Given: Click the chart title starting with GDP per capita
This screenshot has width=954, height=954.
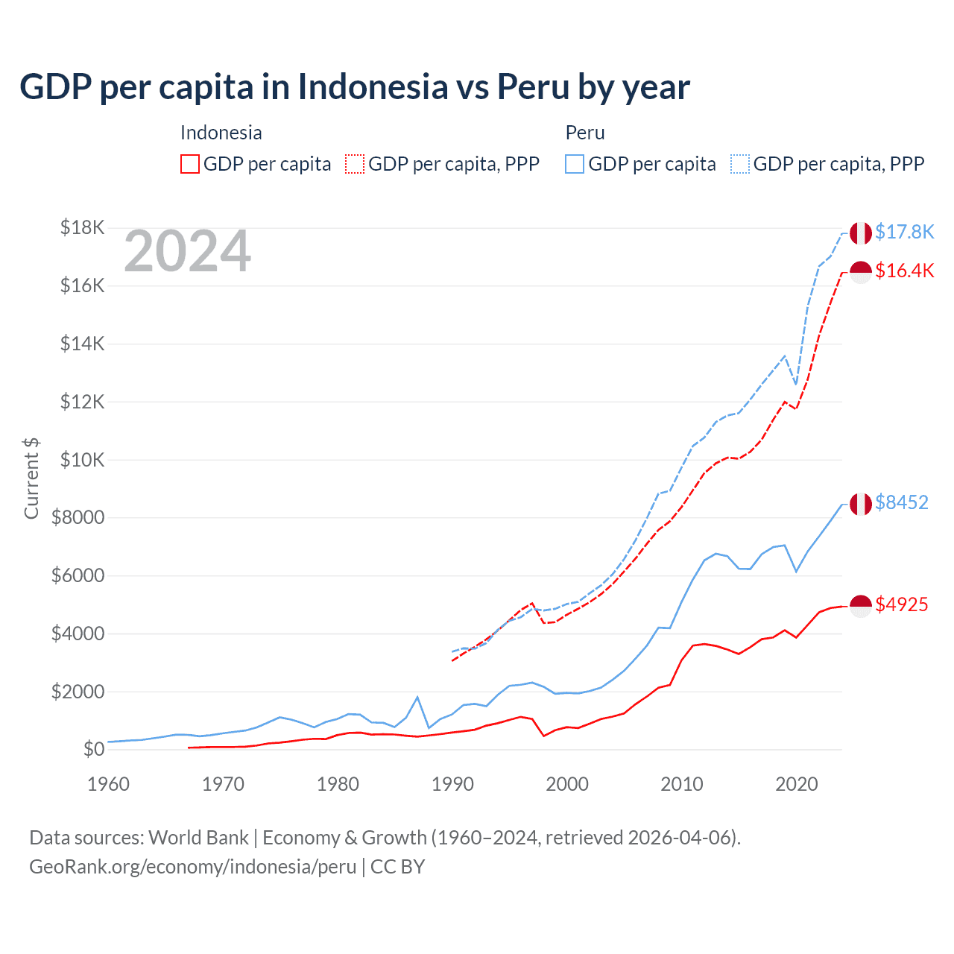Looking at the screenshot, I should [x=355, y=87].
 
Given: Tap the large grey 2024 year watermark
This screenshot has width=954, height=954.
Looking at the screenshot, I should [x=187, y=251].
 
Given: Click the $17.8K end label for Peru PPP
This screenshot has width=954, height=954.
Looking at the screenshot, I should [x=904, y=232].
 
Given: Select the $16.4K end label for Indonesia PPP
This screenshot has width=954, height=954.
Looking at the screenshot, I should [x=904, y=271].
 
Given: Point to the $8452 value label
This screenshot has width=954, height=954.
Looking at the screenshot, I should [x=901, y=502].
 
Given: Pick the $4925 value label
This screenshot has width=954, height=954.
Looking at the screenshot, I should [x=901, y=604].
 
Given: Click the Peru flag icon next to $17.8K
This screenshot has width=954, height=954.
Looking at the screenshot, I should [x=861, y=233].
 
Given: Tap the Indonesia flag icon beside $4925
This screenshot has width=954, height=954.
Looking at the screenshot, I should [x=861, y=606].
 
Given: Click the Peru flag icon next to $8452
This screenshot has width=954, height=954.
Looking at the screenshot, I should [x=861, y=504].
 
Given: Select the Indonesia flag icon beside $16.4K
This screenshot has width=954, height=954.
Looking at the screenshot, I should [x=861, y=272].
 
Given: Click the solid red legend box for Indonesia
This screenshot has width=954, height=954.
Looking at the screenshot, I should [x=190, y=164].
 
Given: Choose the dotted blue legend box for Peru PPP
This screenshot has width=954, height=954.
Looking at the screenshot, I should [x=740, y=164].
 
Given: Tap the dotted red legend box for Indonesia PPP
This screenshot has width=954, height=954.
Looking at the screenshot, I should [x=355, y=164].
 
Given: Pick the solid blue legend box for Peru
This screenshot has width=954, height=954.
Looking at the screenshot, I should [x=575, y=164].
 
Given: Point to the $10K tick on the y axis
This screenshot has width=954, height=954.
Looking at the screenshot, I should [x=82, y=460].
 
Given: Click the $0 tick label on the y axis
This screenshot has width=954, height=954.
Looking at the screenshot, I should [x=93, y=749].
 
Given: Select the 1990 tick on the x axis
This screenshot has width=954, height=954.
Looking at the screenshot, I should [x=452, y=784].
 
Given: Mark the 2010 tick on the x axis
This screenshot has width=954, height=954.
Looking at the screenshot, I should [x=682, y=784].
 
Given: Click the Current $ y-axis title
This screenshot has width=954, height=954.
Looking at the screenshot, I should [x=31, y=478].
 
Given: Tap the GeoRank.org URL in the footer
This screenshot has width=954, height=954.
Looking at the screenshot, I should [x=192, y=867].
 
